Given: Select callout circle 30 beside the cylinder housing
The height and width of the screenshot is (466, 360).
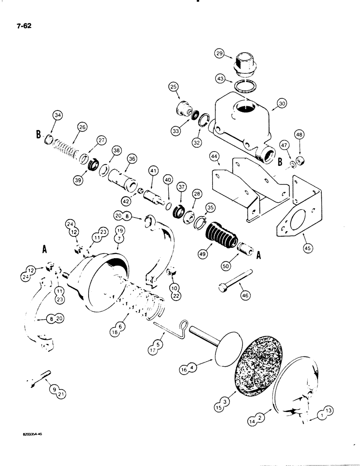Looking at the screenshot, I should (x=295, y=106).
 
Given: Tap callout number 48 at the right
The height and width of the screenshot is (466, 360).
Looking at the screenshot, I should (x=298, y=135).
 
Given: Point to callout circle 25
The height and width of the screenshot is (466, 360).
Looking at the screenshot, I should (x=174, y=87).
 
